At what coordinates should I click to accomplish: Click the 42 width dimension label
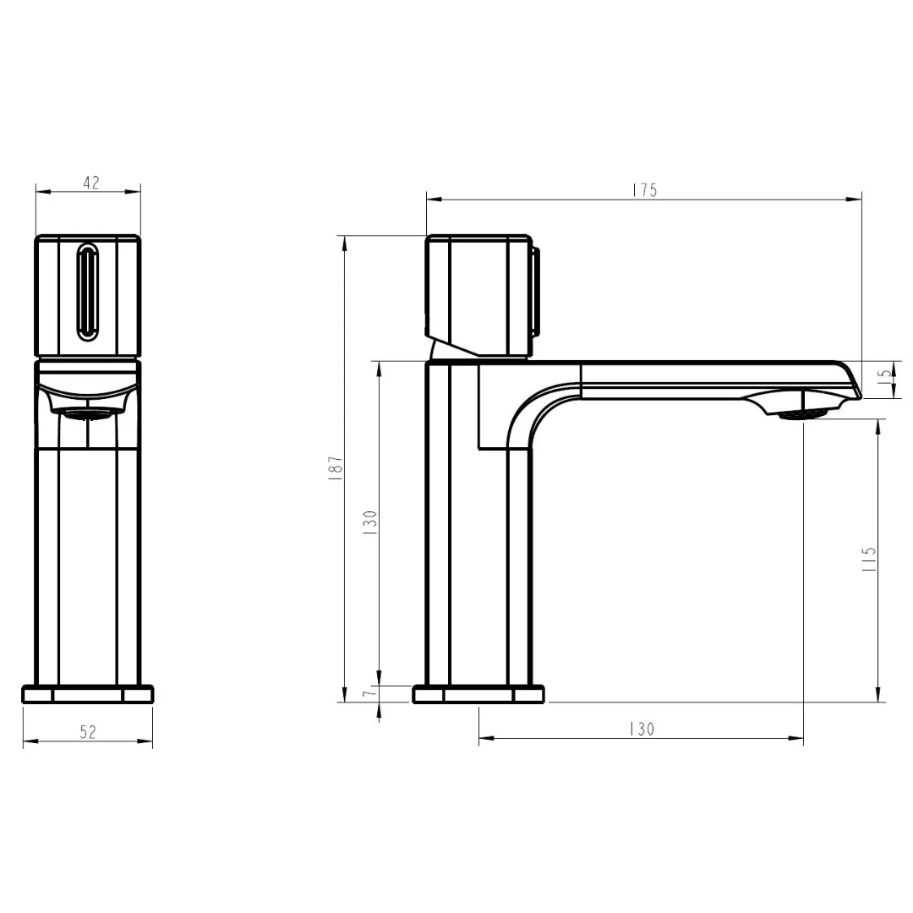(x=91, y=183)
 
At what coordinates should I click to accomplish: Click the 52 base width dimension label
(x=88, y=732)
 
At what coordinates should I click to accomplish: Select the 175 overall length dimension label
(x=644, y=190)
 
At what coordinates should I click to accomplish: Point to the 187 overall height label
(x=336, y=467)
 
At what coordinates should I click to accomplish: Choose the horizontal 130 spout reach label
(x=642, y=729)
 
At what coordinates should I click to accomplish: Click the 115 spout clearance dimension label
(x=869, y=559)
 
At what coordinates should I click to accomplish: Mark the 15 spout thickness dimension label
(x=884, y=374)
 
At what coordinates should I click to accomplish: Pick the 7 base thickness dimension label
(x=368, y=693)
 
